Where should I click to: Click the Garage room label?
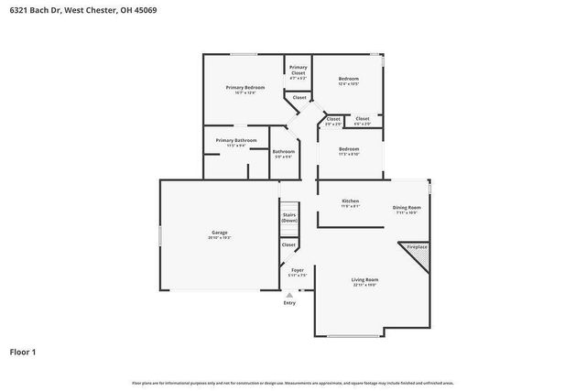point(220,233)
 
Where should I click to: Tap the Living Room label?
point(364,279)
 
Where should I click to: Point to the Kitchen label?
point(351,201)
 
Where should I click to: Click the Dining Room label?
point(407,207)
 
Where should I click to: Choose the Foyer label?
point(298,270)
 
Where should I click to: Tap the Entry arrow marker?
point(290,295)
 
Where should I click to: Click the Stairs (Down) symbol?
point(290,219)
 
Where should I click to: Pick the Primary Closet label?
point(298,71)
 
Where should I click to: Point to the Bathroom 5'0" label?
point(284,151)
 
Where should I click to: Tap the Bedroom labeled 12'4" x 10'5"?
point(348,80)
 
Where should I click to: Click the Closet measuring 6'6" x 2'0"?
point(363,119)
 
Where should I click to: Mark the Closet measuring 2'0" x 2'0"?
point(333,119)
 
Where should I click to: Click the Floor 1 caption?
point(23,351)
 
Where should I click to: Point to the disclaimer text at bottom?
point(293,383)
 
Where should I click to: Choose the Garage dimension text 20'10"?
point(220,237)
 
